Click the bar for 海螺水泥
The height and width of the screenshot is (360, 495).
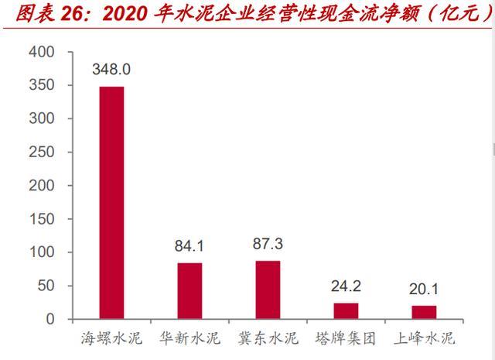[x=111, y=203]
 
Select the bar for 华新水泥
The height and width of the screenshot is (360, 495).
[x=189, y=291]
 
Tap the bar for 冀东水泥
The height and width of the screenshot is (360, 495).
[x=268, y=290]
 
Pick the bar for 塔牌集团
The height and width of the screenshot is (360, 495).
[x=346, y=311]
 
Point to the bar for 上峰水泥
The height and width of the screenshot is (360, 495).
[x=424, y=313]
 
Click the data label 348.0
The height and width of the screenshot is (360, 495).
[x=111, y=70]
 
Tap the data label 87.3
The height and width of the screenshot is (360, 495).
[x=268, y=245]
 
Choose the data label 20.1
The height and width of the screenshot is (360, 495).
[x=424, y=290]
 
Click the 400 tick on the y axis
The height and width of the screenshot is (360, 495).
[x=43, y=52]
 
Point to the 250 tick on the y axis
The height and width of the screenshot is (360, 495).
[x=43, y=153]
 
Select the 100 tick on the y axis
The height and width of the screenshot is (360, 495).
[x=43, y=252]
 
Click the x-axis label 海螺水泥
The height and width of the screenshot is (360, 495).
[x=111, y=338]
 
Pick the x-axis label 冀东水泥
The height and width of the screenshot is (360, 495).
[x=268, y=338]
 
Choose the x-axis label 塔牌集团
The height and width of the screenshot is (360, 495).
[x=346, y=338]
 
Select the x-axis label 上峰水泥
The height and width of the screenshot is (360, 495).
[x=424, y=338]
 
